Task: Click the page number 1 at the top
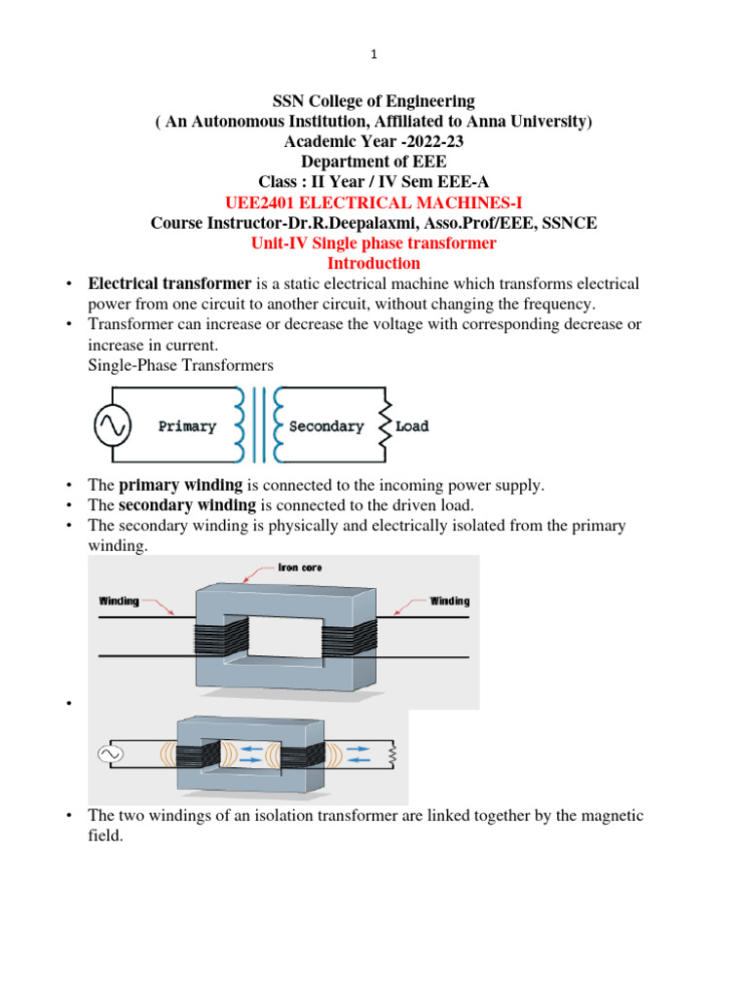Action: pyautogui.click(x=374, y=55)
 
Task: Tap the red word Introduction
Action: pyautogui.click(x=374, y=263)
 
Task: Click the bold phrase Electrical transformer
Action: pyautogui.click(x=169, y=283)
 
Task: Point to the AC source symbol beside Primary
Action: pyautogui.click(x=111, y=425)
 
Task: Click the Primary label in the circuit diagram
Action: pyautogui.click(x=187, y=426)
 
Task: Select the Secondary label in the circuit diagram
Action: pyautogui.click(x=326, y=426)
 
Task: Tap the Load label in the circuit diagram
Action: pyautogui.click(x=412, y=426)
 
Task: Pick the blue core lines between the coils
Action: pyautogui.click(x=257, y=425)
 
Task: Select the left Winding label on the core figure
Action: pyautogui.click(x=119, y=601)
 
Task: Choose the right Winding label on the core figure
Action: pyautogui.click(x=449, y=601)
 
